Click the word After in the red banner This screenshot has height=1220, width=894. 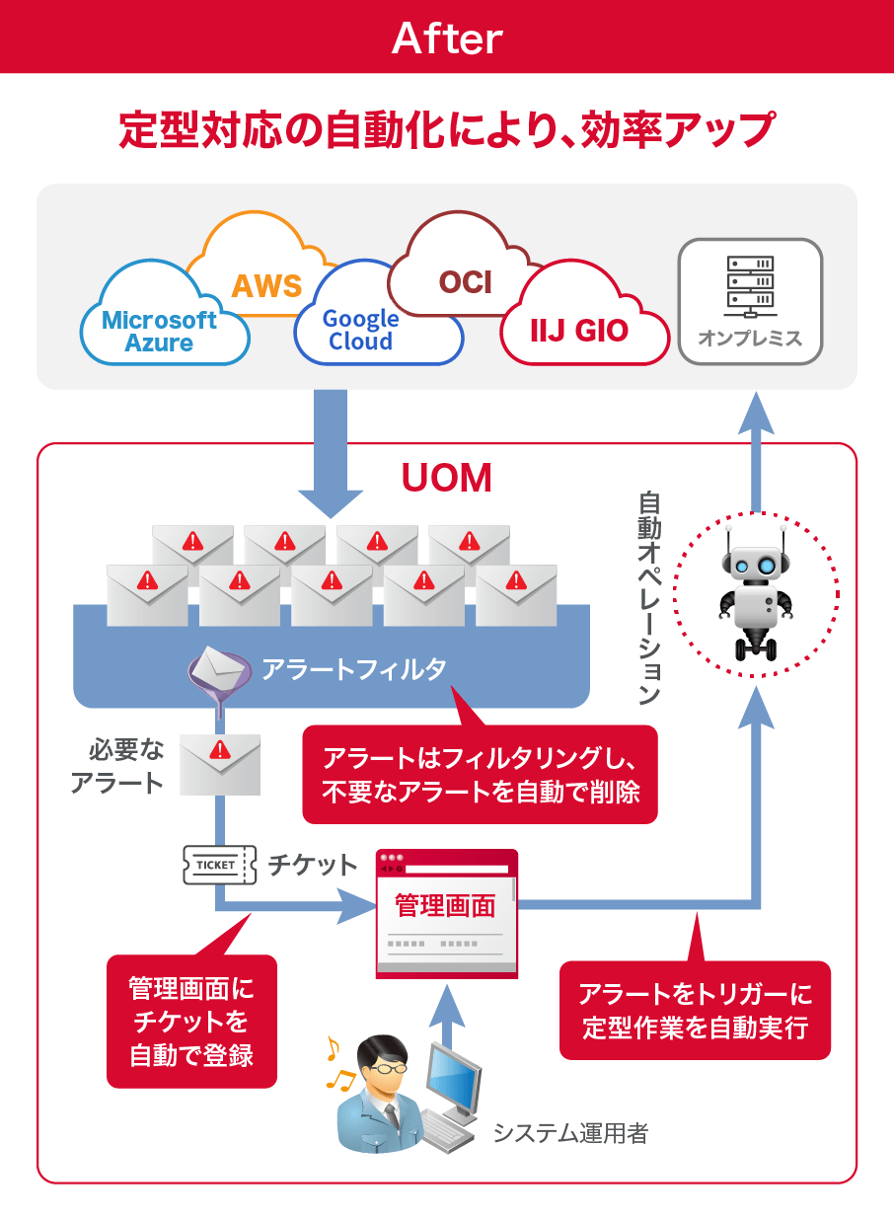pyautogui.click(x=447, y=38)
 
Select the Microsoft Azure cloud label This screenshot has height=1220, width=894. pyautogui.click(x=160, y=332)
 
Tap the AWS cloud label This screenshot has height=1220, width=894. pyautogui.click(x=265, y=286)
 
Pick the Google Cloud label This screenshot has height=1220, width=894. pyautogui.click(x=361, y=330)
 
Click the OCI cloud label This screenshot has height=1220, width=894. pyautogui.click(x=465, y=282)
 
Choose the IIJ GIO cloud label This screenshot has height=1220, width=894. pyautogui.click(x=578, y=330)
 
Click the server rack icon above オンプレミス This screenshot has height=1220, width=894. pyautogui.click(x=750, y=282)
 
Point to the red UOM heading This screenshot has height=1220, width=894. pyautogui.click(x=446, y=478)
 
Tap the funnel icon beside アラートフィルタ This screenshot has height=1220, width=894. pyautogui.click(x=216, y=676)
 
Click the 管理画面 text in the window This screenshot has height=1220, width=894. pyautogui.click(x=445, y=905)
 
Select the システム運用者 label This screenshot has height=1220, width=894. pyautogui.click(x=570, y=1132)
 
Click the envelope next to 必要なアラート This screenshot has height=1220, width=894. pyautogui.click(x=219, y=765)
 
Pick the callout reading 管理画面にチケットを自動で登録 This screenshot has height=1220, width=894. pyautogui.click(x=191, y=1021)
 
